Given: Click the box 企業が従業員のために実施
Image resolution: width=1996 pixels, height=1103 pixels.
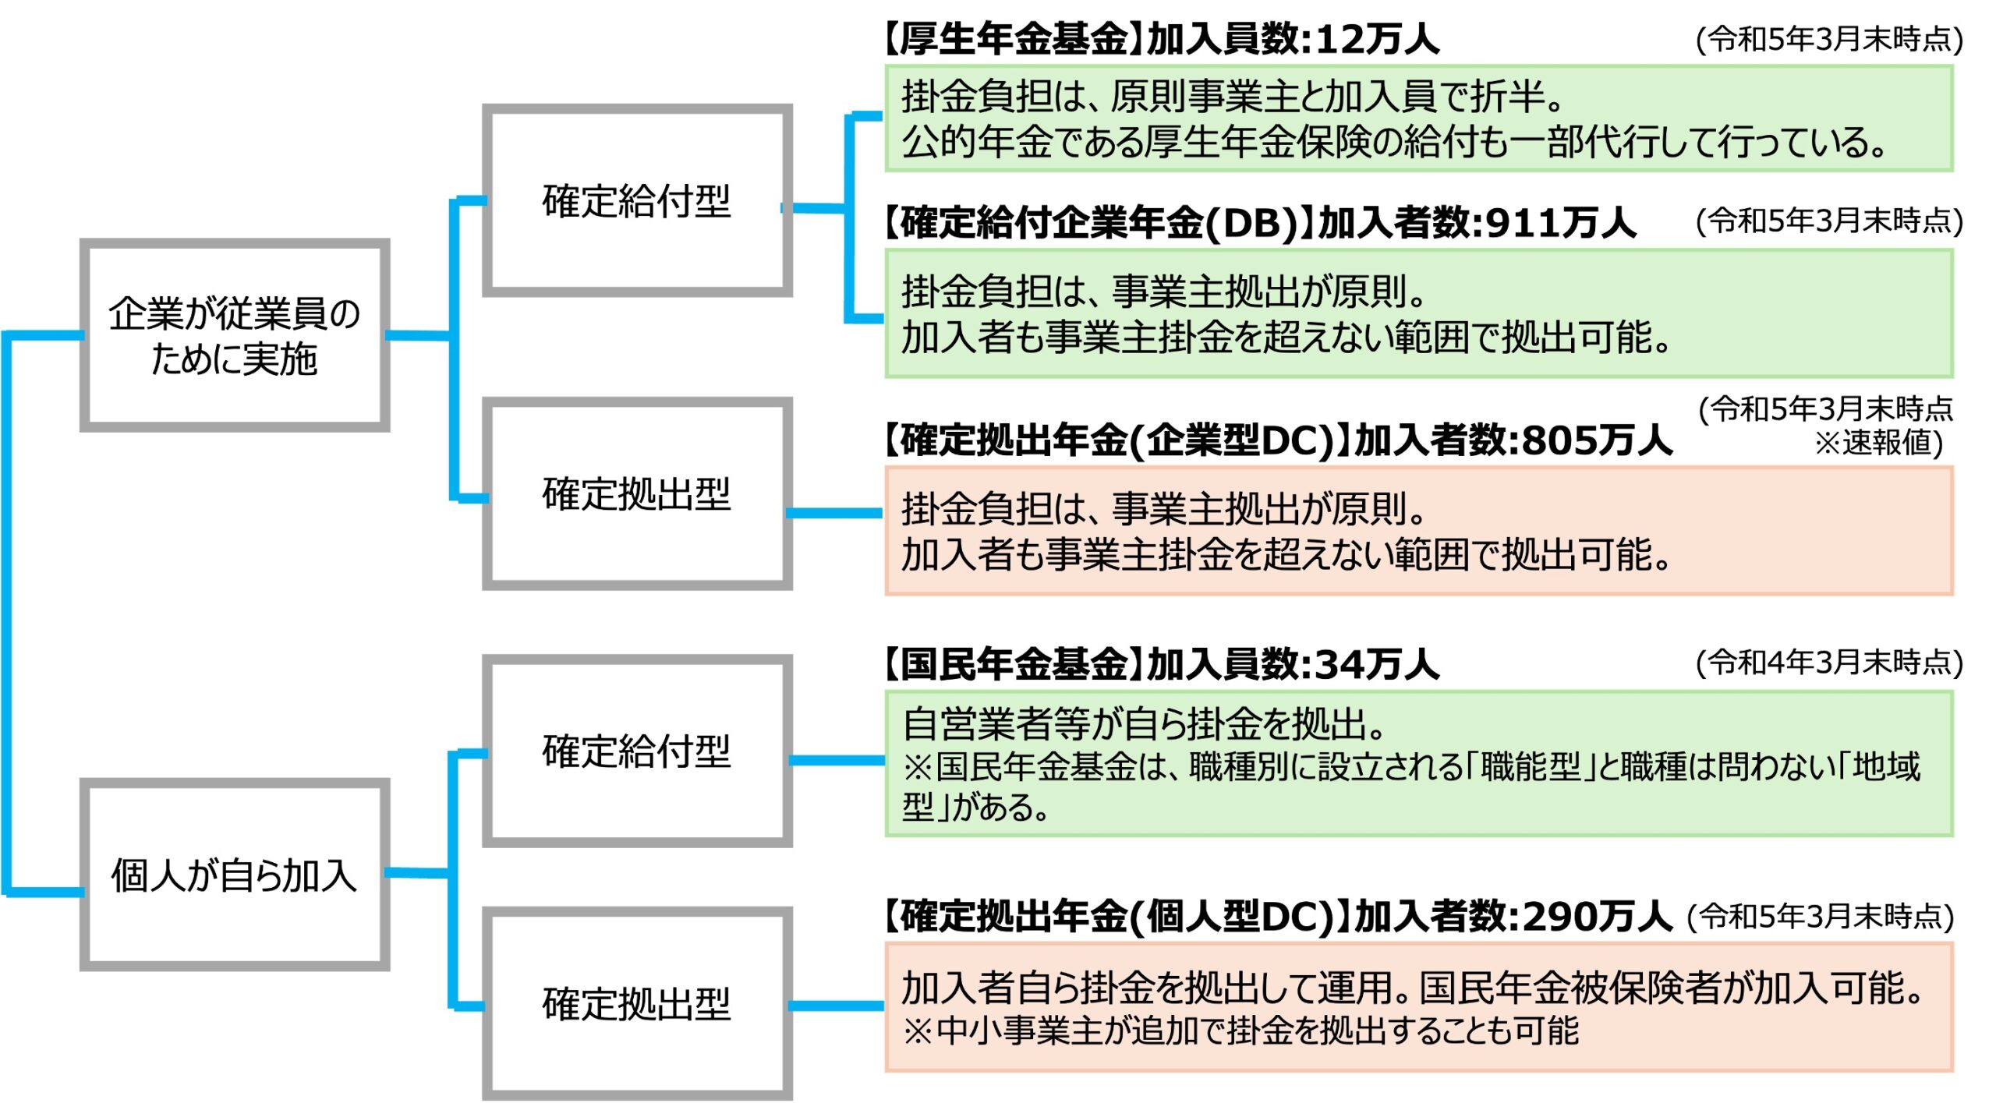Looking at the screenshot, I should pos(234,335).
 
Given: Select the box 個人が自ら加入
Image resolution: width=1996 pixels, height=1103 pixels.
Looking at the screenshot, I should pos(234,874).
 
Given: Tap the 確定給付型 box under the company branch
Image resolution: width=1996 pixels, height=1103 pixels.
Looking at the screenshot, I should pos(636,200).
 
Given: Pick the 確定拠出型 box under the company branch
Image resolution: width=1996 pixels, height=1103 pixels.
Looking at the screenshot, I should pos(636,493).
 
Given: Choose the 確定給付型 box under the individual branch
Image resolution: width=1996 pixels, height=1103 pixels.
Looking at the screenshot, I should pos(636,750).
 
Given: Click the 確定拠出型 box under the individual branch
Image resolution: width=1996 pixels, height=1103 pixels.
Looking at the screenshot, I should pos(636,1003).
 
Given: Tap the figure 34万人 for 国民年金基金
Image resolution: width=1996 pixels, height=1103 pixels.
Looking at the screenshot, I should pos(1377,665).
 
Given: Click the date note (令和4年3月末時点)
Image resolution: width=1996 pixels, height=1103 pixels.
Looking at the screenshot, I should pos(1828,663).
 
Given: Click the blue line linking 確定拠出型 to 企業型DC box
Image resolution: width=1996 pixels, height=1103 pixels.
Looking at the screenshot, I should pos(834,513).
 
